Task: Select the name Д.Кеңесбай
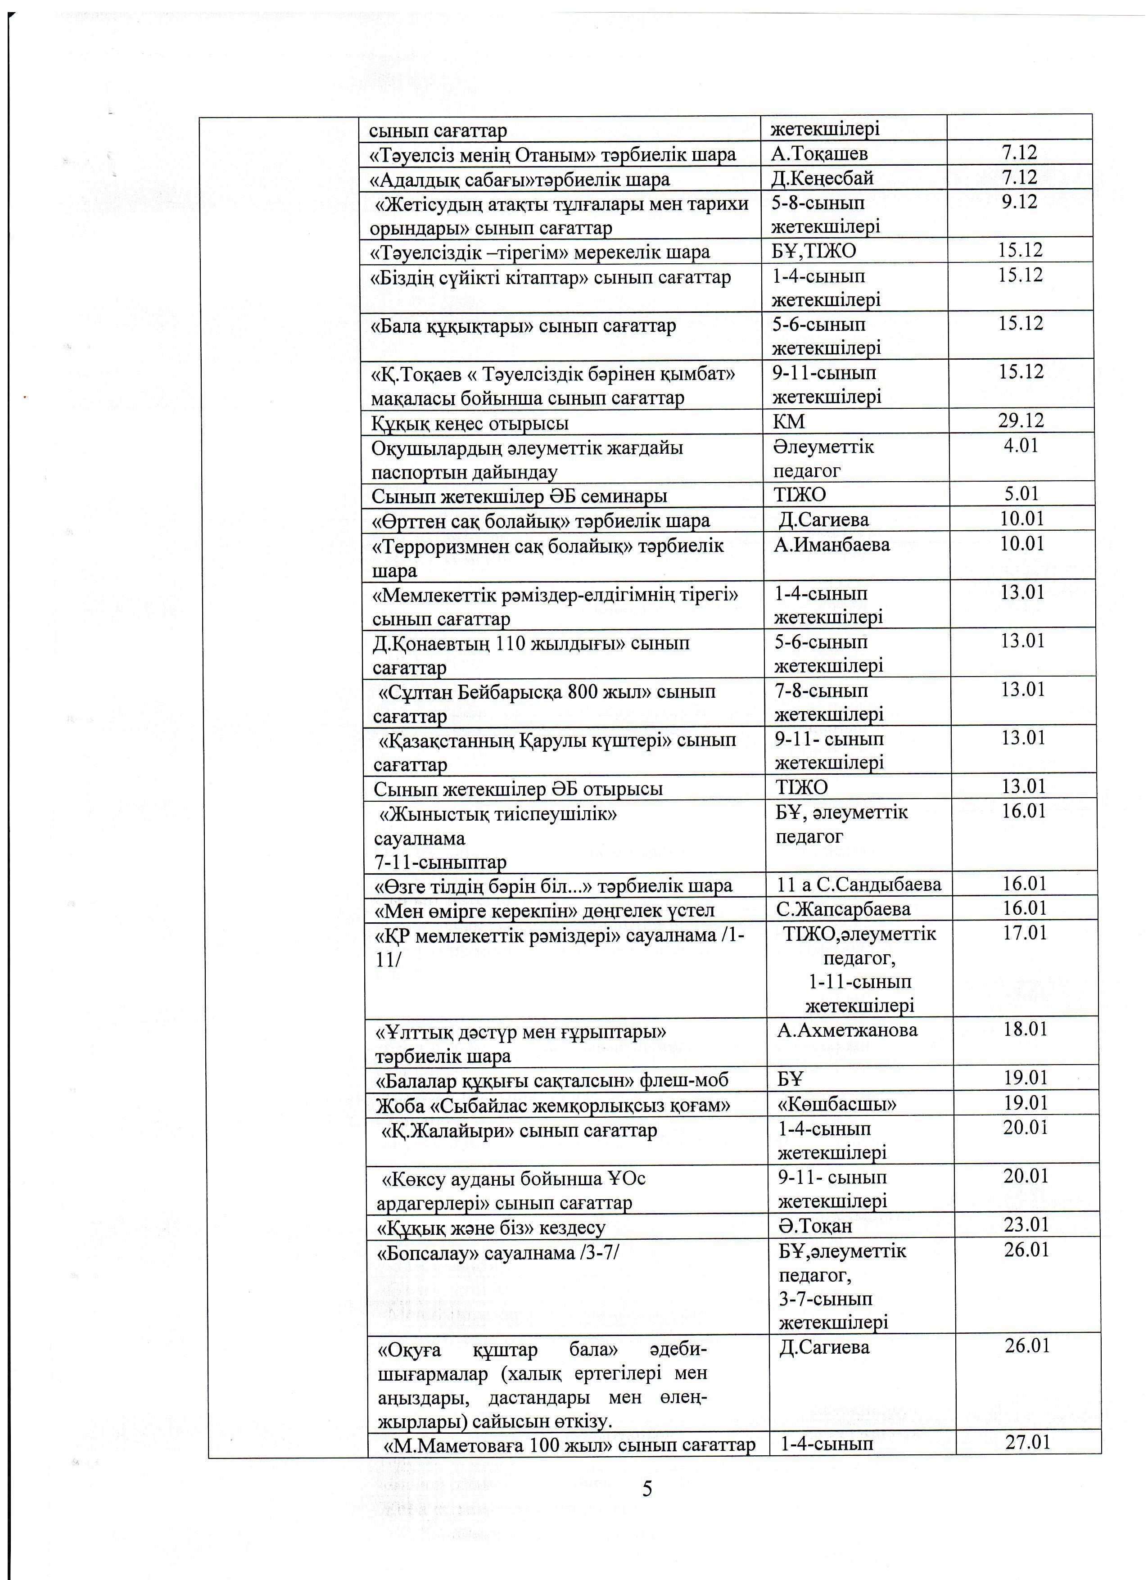[822, 178]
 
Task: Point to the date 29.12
[1021, 421]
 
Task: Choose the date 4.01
[1021, 446]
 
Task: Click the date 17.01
[1025, 933]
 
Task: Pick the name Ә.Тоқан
[815, 1225]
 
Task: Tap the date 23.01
[1026, 1225]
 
